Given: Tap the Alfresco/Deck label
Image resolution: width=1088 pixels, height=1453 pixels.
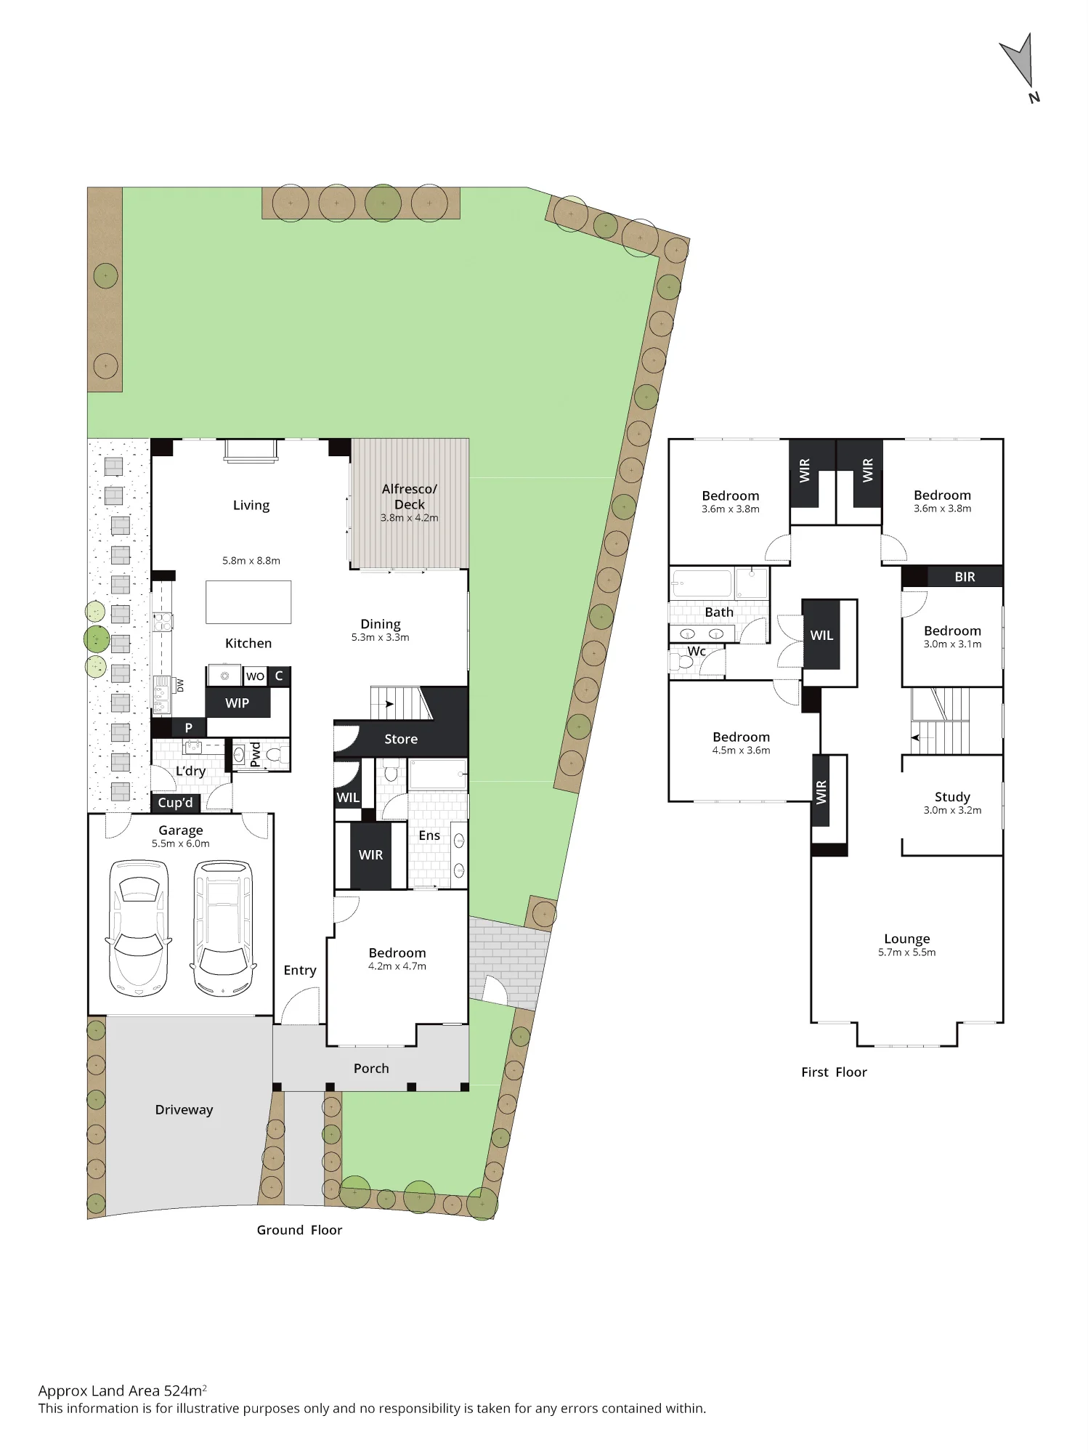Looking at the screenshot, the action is [x=410, y=496].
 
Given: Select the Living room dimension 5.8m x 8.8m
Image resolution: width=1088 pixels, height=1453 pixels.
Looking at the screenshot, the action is [x=251, y=561].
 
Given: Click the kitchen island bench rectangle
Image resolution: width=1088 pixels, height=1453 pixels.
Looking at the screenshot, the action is [x=248, y=602].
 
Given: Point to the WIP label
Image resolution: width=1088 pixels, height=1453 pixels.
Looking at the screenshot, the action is [x=238, y=703].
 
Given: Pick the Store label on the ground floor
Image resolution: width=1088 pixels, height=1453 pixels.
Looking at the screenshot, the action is [x=401, y=739].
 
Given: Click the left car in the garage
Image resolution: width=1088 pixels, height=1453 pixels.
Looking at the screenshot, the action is [x=139, y=928].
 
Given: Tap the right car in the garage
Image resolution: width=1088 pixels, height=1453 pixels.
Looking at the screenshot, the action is [x=224, y=928].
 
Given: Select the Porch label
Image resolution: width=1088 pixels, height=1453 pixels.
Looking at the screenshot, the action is [x=371, y=1068].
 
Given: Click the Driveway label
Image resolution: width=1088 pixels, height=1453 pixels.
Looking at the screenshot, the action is [x=184, y=1109].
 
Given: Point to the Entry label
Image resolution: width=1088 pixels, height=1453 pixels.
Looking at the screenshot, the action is [x=300, y=971].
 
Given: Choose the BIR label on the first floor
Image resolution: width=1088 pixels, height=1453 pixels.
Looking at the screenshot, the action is [x=965, y=577].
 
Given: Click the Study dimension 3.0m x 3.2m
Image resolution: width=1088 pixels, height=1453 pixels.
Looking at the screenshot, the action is [x=952, y=810].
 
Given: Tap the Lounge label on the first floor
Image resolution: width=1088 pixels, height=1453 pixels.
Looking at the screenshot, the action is [x=907, y=939].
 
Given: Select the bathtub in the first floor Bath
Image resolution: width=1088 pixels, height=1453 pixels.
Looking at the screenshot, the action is [x=702, y=583].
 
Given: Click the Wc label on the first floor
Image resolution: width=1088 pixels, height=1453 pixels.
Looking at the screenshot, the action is [x=697, y=651].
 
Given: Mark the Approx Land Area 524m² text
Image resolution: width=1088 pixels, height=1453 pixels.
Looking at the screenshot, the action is [x=123, y=1391].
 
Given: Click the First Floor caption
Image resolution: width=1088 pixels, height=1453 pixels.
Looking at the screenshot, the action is [x=834, y=1072].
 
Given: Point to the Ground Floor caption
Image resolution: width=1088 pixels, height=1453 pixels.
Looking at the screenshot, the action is [x=299, y=1230].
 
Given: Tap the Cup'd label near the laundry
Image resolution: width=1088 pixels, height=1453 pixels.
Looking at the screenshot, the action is [x=176, y=803].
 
